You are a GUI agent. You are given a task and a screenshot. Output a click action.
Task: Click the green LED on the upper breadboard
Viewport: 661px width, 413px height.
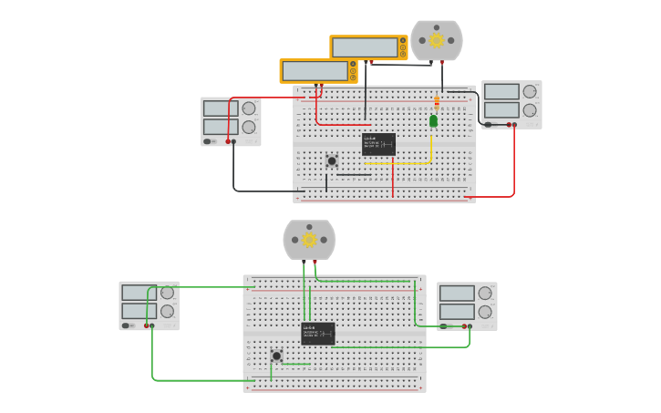(433, 120)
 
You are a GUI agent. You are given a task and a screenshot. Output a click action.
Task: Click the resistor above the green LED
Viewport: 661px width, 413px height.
(437, 102)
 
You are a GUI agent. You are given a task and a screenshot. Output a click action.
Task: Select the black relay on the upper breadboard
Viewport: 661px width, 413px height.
(378, 144)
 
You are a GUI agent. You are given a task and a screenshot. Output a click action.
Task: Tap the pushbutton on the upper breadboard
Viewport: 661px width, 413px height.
(332, 161)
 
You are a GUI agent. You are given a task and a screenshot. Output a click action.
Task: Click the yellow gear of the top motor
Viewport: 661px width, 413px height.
(437, 40)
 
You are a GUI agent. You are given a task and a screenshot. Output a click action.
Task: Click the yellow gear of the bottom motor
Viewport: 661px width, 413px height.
(309, 240)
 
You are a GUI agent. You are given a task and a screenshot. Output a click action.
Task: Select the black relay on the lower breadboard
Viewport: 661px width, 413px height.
(318, 333)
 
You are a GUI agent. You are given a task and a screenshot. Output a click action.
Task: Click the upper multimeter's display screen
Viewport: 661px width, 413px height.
(365, 47)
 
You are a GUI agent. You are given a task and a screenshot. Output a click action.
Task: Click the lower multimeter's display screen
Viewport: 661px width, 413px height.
(315, 71)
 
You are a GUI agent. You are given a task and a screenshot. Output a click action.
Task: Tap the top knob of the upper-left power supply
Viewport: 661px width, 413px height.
(249, 108)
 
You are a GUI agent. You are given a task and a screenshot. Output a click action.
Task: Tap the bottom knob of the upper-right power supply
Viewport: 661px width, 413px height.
(530, 110)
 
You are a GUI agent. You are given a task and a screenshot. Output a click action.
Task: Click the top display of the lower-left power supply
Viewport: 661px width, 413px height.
(139, 293)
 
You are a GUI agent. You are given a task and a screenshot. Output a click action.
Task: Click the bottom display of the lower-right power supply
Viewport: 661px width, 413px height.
(457, 311)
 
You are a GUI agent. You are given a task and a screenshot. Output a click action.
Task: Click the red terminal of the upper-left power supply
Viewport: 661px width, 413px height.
(228, 141)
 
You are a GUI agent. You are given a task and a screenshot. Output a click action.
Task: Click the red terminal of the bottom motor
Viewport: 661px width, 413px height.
(315, 262)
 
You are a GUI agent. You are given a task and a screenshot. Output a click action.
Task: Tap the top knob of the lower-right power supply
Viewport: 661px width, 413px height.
(485, 294)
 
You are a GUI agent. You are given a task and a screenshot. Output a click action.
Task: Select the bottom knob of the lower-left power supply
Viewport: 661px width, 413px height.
(167, 311)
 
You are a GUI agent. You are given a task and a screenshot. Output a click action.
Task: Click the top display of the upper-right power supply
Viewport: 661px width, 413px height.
(501, 92)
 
